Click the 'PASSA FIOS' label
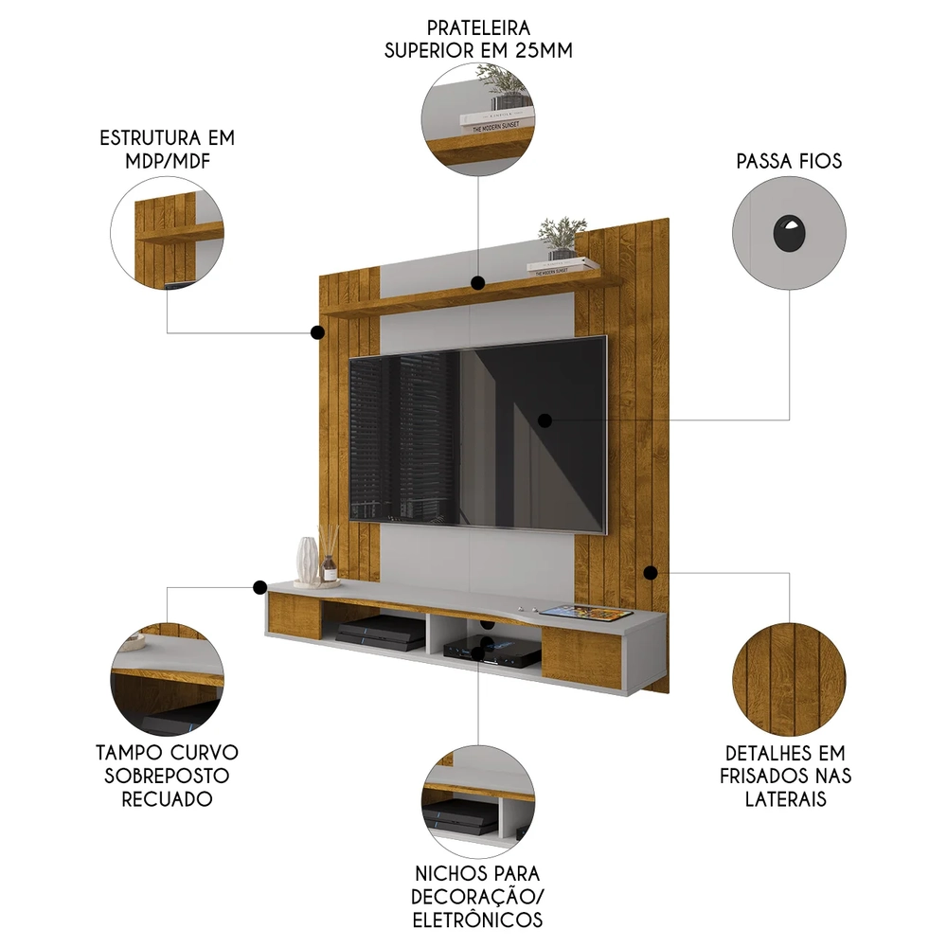[x=789, y=161]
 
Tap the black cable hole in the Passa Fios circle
[x=788, y=234]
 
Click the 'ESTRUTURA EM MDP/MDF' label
[x=167, y=149]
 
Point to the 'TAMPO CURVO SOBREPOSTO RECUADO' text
[x=167, y=775]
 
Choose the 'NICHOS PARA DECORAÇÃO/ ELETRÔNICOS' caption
[x=477, y=896]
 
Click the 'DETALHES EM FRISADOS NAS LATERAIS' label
[x=789, y=776]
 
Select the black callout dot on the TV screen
[x=545, y=420]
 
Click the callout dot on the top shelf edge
[x=478, y=282]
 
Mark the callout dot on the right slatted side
[x=651, y=573]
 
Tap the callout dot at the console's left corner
[x=259, y=587]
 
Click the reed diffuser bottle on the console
[x=329, y=559]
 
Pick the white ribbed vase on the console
[x=307, y=560]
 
